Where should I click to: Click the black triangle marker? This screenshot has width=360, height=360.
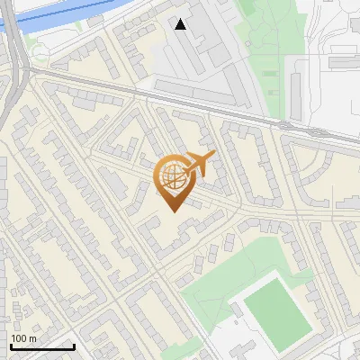[181, 24]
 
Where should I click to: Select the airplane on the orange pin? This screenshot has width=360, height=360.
[202, 163]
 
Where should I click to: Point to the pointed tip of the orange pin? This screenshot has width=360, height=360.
[173, 212]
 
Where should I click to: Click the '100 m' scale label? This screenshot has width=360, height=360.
[23, 338]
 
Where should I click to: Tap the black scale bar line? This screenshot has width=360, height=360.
[42, 347]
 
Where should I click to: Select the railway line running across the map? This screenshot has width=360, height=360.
[225, 107]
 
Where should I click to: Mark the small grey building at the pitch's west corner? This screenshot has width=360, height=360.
[237, 310]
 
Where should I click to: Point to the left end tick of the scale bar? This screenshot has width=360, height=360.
[11, 346]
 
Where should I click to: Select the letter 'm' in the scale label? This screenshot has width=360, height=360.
[31, 338]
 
